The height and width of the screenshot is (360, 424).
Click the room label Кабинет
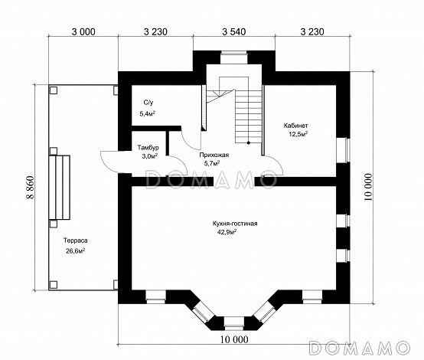(x=295, y=126)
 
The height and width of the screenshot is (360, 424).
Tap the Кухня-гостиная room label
(x=235, y=224)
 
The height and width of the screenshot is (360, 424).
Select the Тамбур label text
(x=148, y=148)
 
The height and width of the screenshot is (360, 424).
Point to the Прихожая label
(x=214, y=155)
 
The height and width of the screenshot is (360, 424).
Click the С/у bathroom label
(x=148, y=103)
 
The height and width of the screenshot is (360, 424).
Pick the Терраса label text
(x=76, y=241)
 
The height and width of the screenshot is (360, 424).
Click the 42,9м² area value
(x=227, y=232)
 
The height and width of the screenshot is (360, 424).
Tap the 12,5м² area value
(x=298, y=134)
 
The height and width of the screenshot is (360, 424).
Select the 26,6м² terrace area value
(x=76, y=251)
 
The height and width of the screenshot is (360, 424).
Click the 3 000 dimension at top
(x=83, y=32)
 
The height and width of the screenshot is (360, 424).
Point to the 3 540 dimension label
(x=234, y=32)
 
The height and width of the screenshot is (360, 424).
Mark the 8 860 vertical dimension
(x=31, y=188)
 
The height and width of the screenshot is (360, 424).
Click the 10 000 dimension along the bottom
(x=234, y=339)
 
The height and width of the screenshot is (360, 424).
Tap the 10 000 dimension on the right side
(x=368, y=188)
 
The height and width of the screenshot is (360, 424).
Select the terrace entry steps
(x=60, y=188)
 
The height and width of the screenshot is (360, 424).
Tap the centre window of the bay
(x=234, y=324)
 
